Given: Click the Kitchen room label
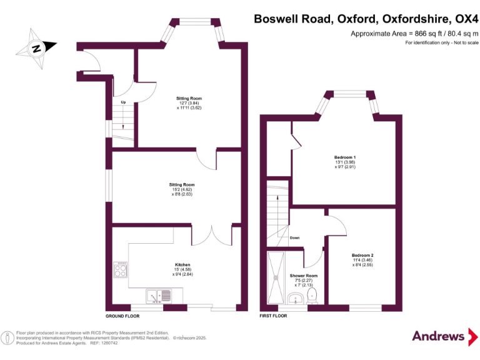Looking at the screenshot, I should [182, 264].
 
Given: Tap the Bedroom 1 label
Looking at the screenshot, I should [345, 156].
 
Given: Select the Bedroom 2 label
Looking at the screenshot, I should [362, 256].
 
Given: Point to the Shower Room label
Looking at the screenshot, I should [304, 276].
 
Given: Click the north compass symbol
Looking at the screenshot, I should [36, 47].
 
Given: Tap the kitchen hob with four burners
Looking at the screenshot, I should [121, 270].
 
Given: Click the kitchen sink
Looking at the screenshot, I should [160, 293].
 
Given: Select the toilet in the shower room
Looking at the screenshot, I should [313, 295].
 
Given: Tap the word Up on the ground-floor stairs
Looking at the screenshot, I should [123, 102].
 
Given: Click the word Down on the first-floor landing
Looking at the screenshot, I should [295, 237].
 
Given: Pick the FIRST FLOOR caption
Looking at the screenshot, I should [273, 316].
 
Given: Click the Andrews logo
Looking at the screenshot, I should [439, 337].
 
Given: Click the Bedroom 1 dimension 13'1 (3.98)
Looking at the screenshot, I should [345, 162].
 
